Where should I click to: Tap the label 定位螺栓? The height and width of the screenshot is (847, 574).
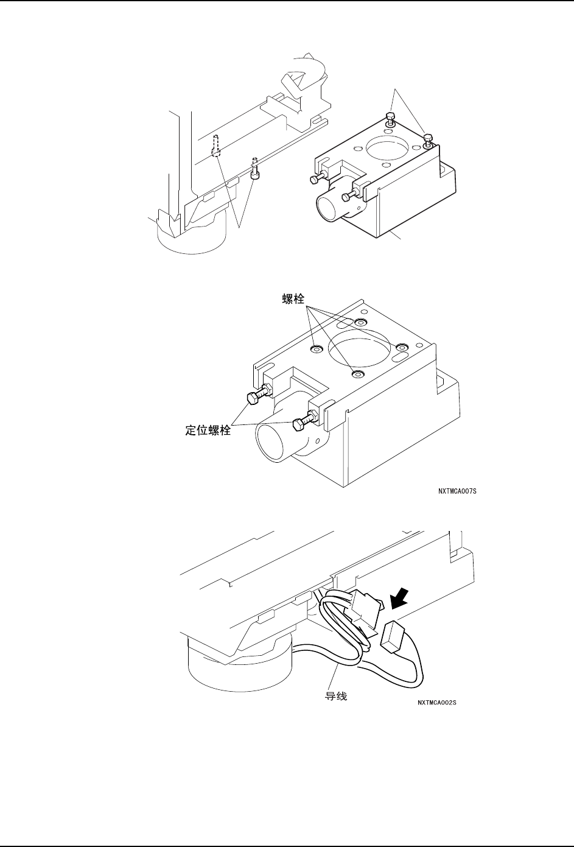(x=208, y=430)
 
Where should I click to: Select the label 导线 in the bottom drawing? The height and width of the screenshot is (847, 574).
(x=335, y=695)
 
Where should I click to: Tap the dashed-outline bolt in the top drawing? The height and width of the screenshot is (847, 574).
(x=215, y=147)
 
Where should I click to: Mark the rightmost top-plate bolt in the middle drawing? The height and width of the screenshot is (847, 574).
(x=401, y=347)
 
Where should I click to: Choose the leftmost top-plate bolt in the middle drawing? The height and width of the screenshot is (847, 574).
(x=316, y=348)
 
